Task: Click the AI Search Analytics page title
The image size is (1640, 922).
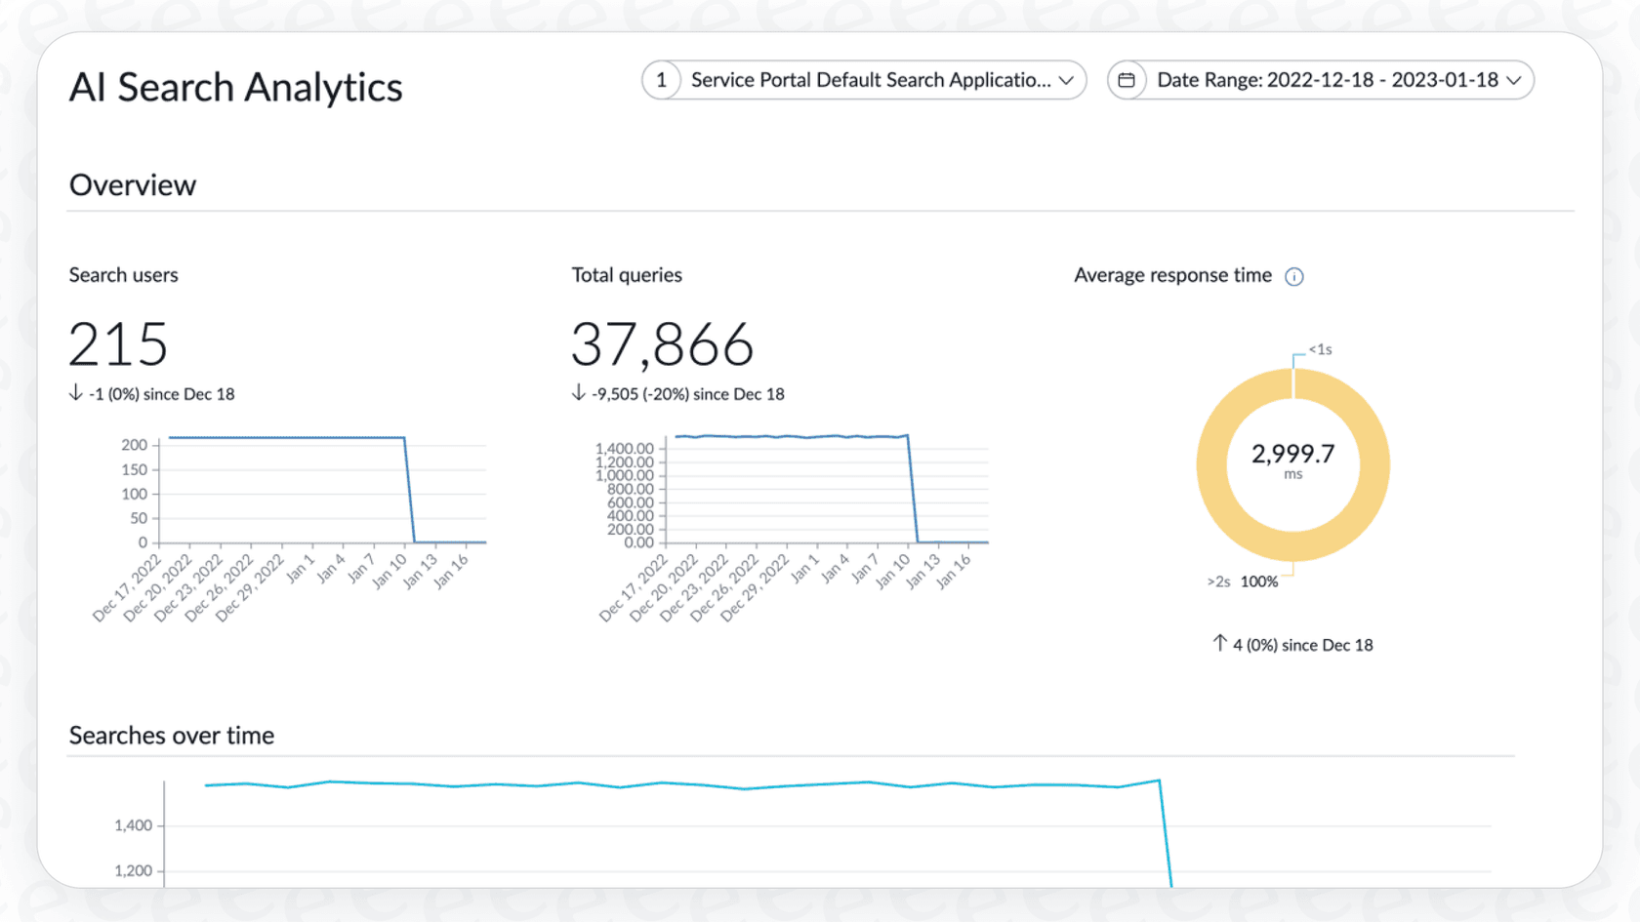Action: coord(235,88)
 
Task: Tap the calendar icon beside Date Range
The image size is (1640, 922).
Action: coord(1127,80)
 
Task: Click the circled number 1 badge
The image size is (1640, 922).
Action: coord(662,80)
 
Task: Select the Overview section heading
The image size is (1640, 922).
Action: coord(133,185)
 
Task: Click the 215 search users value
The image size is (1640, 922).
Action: coord(118,344)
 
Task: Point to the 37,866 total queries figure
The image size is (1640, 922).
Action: coord(662,344)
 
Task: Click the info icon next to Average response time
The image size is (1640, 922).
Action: coord(1294,277)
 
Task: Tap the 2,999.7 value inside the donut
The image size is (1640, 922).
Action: coord(1292,454)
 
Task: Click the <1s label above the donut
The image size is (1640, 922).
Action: coord(1321,349)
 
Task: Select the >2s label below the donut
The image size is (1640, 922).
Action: coord(1218,581)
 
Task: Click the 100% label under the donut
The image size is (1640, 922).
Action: coord(1259,581)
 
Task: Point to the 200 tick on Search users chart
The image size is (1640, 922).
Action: coord(135,445)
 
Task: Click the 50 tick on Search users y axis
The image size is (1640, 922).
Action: coord(139,518)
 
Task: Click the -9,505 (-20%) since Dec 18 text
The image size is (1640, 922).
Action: coord(687,394)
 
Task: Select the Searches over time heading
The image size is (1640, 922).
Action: coord(172,736)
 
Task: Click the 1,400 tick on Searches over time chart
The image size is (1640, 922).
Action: coord(134,825)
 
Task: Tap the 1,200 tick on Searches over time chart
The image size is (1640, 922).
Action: coord(134,870)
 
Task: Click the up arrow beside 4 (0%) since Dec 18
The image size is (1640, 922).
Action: coord(1220,643)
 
